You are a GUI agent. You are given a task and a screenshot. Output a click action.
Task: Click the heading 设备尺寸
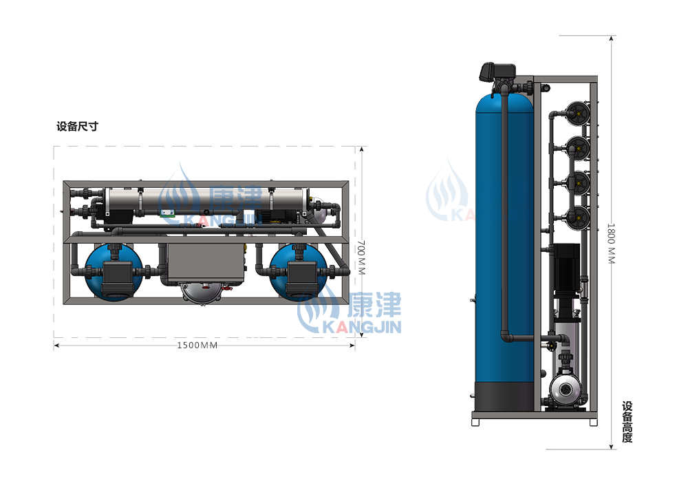[77, 127]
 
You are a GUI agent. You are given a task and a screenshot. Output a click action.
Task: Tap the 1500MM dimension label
[197, 346]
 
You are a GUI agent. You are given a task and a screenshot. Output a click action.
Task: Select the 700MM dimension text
[361, 257]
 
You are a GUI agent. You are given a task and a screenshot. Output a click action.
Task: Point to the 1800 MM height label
[611, 244]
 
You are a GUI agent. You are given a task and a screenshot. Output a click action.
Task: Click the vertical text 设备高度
[627, 422]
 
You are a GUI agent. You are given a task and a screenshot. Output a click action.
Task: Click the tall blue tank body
[504, 237]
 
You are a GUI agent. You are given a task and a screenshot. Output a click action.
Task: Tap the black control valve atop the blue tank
[498, 72]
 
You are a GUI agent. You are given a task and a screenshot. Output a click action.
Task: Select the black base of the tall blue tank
[505, 396]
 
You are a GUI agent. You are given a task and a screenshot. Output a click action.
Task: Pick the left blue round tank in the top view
[114, 273]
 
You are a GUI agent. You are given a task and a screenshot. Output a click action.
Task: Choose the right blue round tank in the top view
[299, 273]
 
